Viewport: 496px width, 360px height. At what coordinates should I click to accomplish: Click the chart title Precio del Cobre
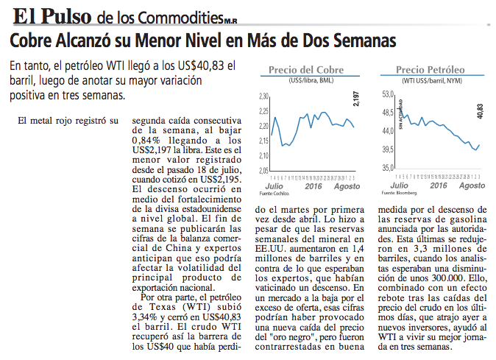click(306, 70)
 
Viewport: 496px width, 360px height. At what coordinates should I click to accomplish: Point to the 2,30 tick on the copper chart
click(264, 96)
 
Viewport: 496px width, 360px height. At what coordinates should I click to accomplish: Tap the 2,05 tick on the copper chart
click(264, 171)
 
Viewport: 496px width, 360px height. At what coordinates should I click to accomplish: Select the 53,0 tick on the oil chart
click(387, 95)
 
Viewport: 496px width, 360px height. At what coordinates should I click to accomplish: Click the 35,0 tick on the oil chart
click(387, 168)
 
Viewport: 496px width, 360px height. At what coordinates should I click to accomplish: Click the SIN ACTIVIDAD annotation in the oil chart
click(400, 115)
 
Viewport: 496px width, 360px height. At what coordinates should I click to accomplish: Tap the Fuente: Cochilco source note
click(274, 193)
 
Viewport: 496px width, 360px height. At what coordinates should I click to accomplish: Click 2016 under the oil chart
click(439, 186)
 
